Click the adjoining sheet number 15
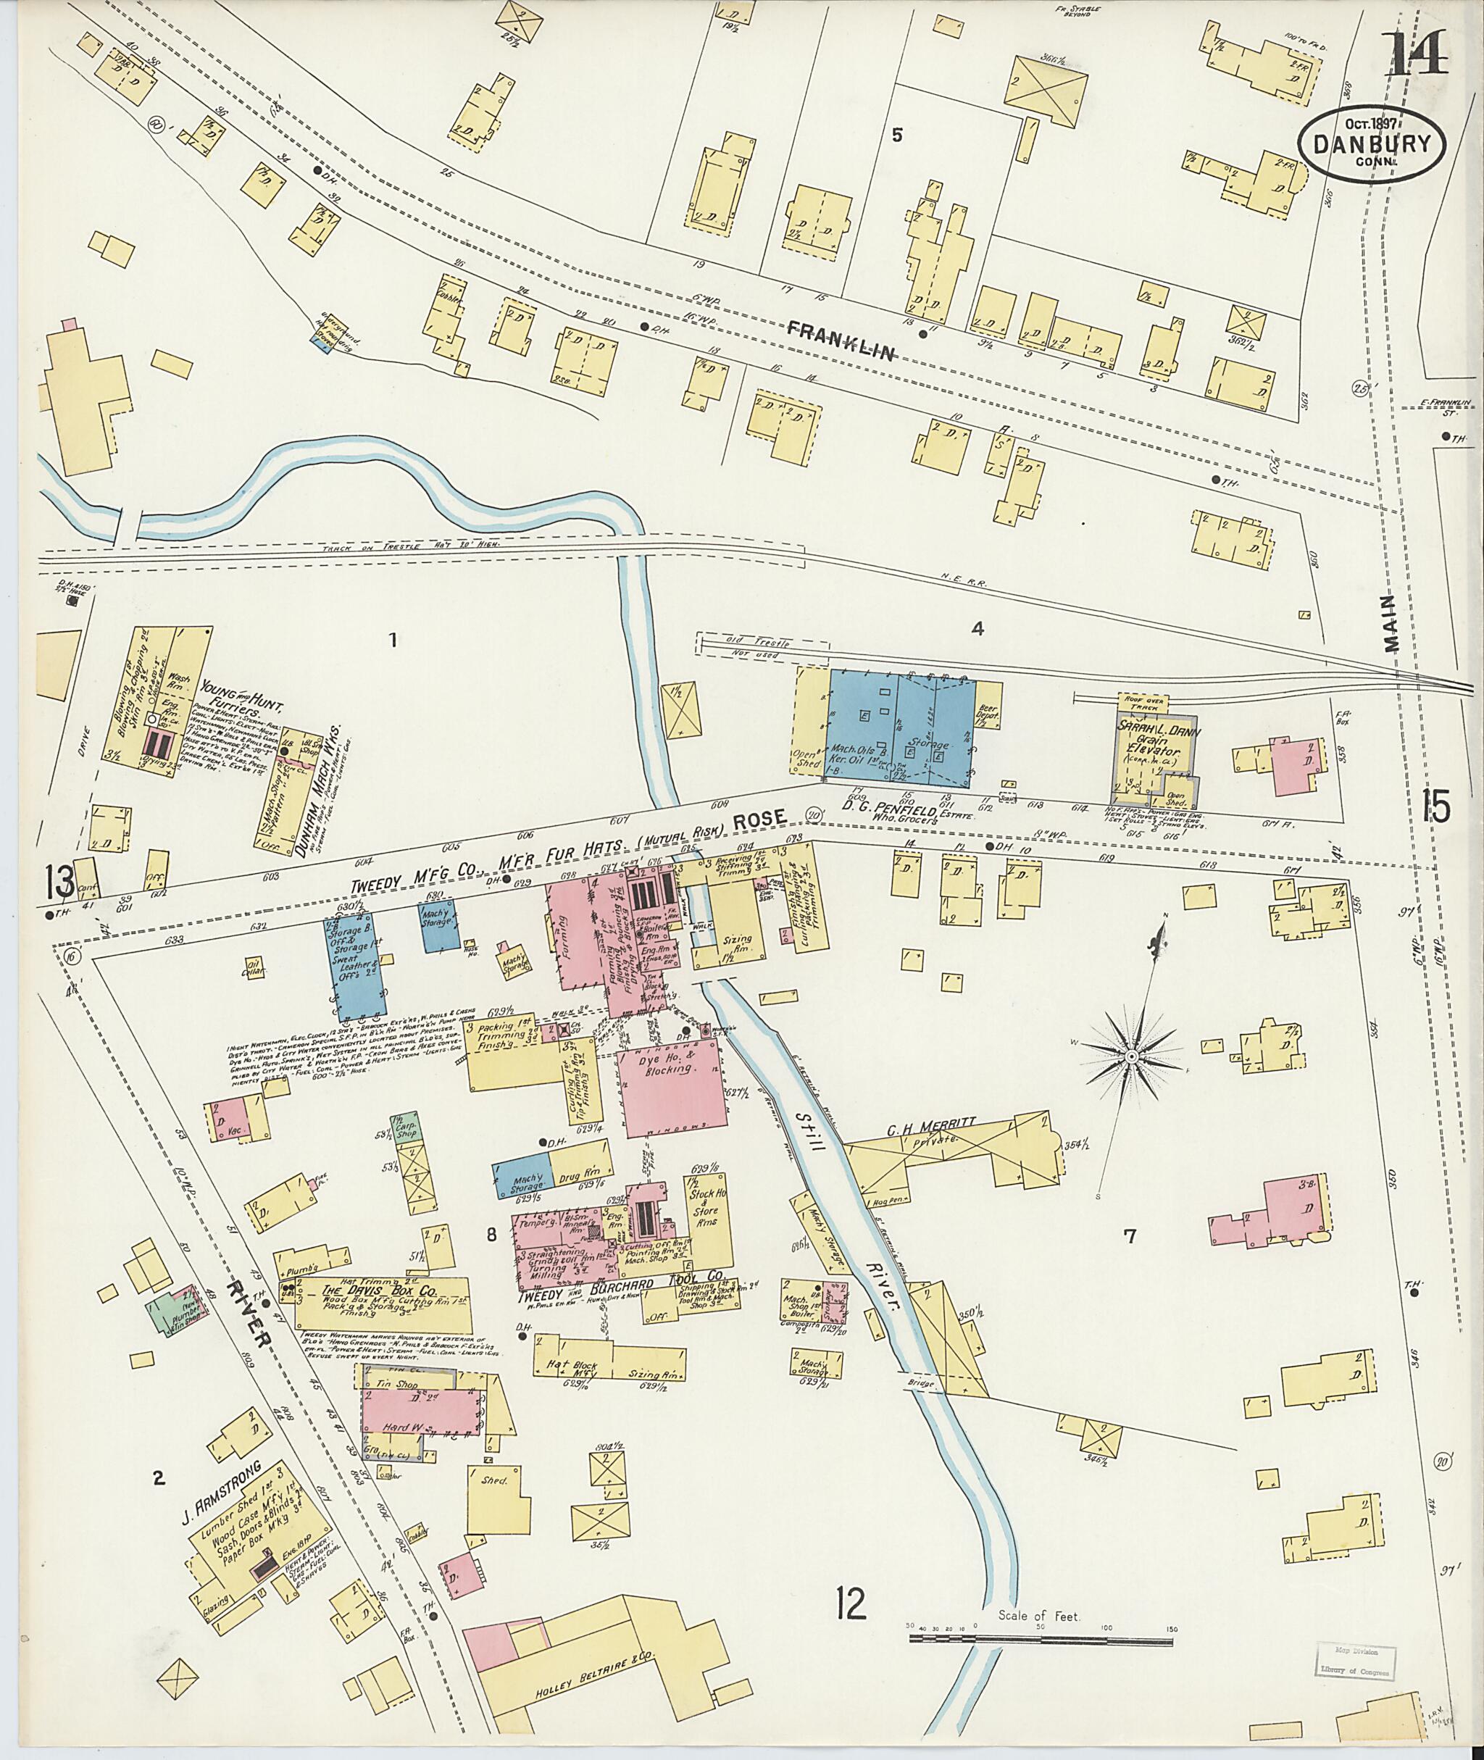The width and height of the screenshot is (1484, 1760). (x=1435, y=806)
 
